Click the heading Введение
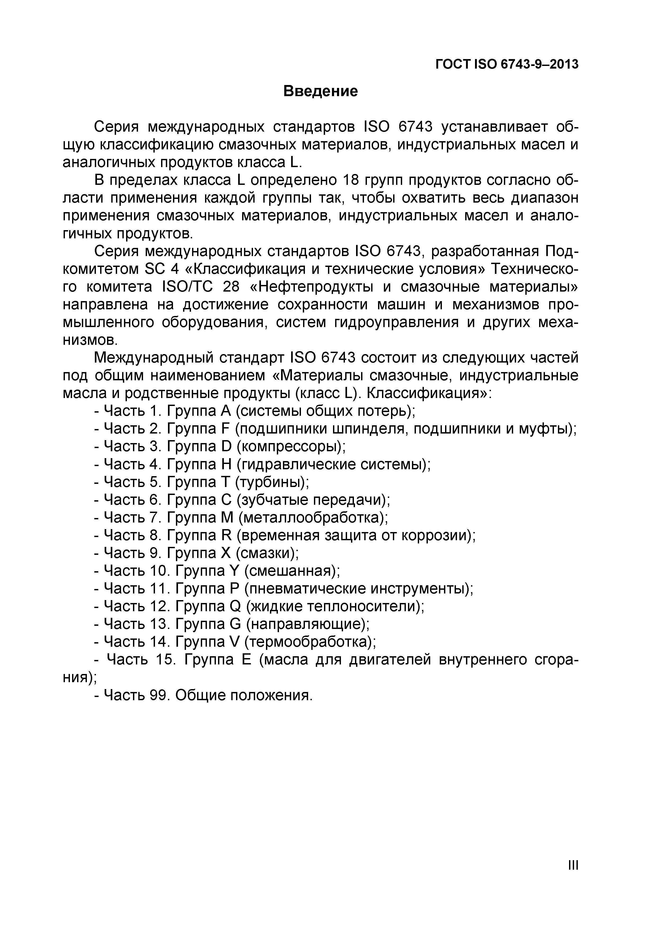point(320,91)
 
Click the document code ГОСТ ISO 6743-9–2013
point(507,64)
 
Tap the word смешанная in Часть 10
point(291,571)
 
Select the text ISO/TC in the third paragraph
point(184,287)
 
